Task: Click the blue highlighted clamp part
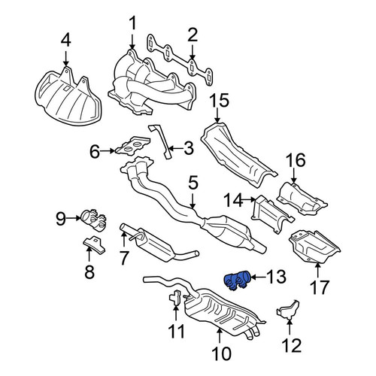237,281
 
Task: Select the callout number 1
132,23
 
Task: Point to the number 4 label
66,41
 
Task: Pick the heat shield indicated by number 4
68,97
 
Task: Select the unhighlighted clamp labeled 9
93,220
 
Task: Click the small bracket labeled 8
94,244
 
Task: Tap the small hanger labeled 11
176,297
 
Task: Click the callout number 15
220,100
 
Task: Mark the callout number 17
319,287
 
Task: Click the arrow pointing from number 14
249,199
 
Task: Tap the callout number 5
193,183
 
